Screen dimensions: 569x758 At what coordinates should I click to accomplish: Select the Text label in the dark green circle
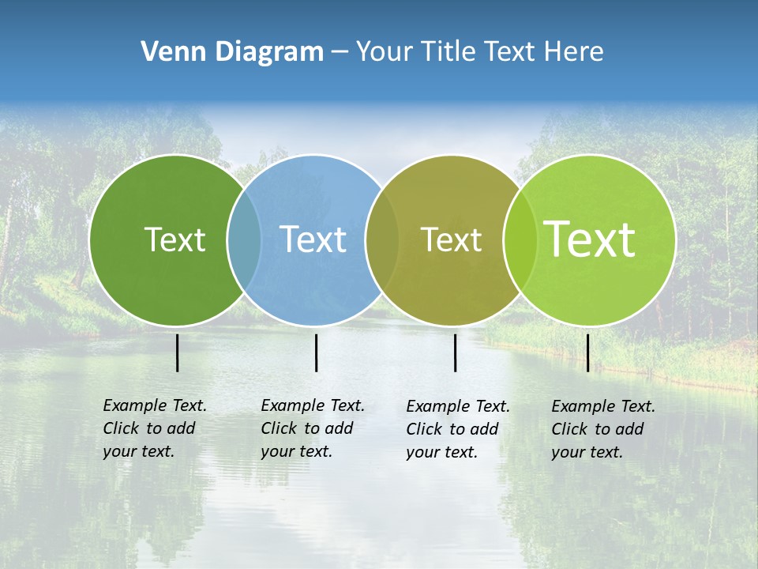click(x=174, y=239)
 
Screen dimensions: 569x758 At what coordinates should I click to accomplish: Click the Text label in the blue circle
click(x=313, y=239)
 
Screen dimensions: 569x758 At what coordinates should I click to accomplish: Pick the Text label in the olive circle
click(x=451, y=239)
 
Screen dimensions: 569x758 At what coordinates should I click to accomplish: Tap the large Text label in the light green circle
click(x=590, y=239)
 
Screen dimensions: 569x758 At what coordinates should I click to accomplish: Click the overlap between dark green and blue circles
click(x=244, y=239)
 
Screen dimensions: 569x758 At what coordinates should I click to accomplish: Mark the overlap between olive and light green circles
click(x=520, y=239)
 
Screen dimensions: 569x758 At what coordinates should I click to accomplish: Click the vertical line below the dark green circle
click(x=177, y=352)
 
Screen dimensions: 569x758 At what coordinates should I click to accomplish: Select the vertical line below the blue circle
click(x=316, y=352)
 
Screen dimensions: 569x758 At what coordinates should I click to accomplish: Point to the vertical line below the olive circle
click(x=455, y=352)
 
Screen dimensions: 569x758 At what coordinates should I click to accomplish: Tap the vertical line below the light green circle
click(x=587, y=352)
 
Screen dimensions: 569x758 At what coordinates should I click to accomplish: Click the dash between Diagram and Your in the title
click(x=340, y=52)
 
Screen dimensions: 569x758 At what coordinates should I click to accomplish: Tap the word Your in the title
click(x=385, y=52)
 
